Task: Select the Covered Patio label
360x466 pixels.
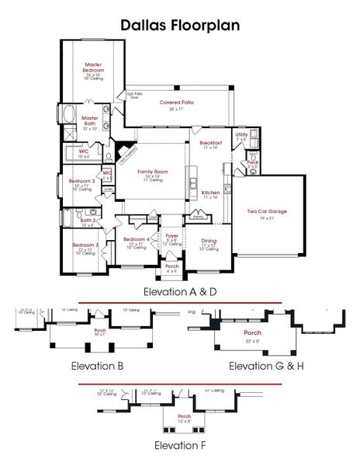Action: (x=176, y=103)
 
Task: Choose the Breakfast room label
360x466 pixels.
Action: (x=211, y=144)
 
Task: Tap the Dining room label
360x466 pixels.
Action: (x=209, y=241)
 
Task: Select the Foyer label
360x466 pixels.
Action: (x=171, y=236)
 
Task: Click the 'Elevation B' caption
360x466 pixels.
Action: (x=99, y=364)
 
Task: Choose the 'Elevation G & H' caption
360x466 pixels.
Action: (x=264, y=364)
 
